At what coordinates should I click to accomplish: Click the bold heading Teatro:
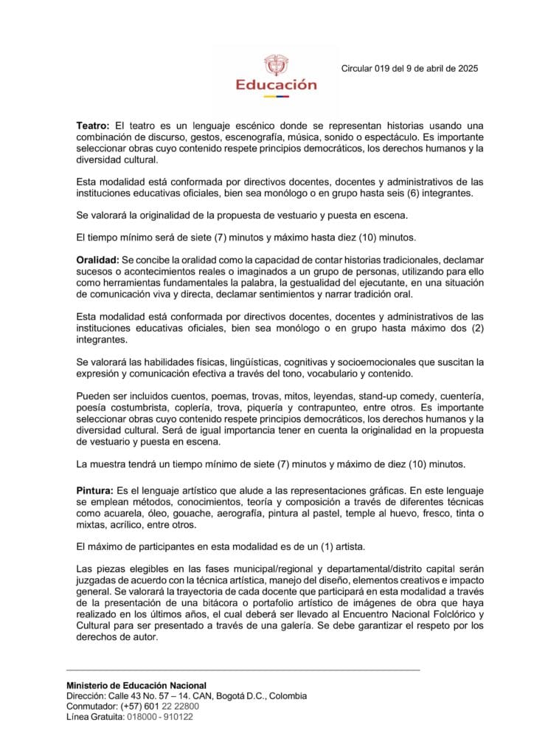tap(93, 127)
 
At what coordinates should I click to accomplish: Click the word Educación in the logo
tap(276, 84)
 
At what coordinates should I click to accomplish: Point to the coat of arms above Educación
tap(276, 64)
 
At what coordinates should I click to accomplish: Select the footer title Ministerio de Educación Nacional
tap(136, 685)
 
